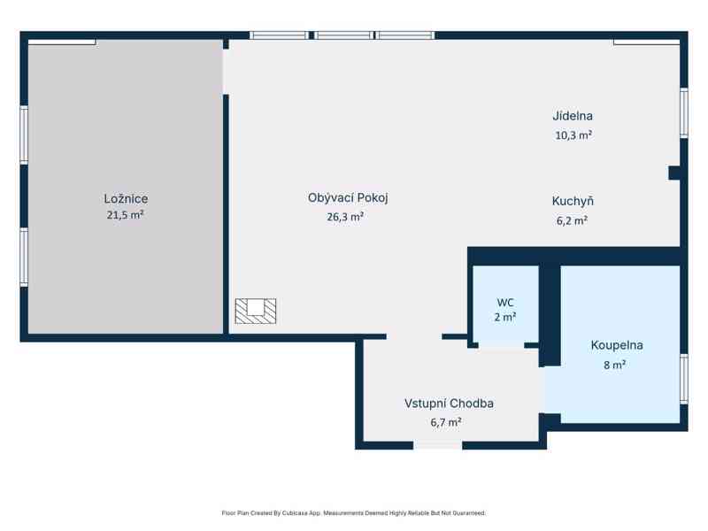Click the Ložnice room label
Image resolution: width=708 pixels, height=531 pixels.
point(126,198)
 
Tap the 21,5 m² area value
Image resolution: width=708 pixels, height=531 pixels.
point(125,215)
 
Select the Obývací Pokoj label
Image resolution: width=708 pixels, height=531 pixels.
point(348,197)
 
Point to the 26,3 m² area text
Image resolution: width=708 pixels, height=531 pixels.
point(345,217)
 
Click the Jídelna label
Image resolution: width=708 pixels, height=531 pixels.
point(573,116)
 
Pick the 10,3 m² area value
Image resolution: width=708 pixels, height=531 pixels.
point(573,135)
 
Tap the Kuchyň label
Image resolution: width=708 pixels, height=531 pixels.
point(573,201)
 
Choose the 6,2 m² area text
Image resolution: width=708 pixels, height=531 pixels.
point(572,220)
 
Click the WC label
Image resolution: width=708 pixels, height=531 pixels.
point(505,302)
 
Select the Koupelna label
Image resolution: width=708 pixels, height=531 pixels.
point(617,345)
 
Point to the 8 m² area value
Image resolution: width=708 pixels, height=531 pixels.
point(614,365)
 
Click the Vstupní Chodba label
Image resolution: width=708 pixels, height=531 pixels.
point(449,404)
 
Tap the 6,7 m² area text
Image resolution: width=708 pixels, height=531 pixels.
point(446,422)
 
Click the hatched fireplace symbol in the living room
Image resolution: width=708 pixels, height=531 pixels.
point(256,312)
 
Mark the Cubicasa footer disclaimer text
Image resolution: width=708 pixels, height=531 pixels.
point(353,513)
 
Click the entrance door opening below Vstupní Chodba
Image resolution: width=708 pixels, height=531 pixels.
point(437,446)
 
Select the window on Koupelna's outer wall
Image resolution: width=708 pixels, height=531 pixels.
point(684,379)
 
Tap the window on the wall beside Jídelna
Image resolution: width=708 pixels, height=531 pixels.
point(684,113)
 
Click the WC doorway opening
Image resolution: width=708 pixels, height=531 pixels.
point(501,345)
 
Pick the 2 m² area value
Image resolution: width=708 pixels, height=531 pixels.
point(505,317)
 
